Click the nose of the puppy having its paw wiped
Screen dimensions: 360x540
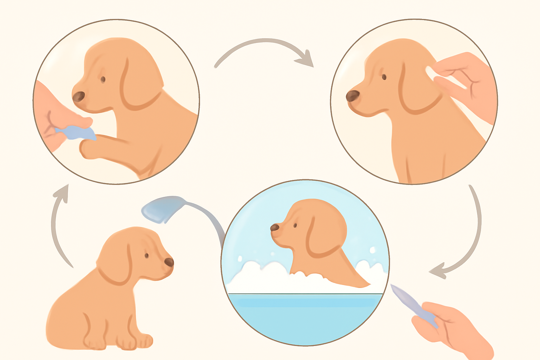click(x=79, y=96)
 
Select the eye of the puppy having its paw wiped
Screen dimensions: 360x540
click(x=103, y=79)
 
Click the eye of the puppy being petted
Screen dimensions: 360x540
click(x=384, y=77)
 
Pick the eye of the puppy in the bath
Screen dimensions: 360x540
click(x=295, y=225)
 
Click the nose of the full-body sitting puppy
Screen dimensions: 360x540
click(x=169, y=262)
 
